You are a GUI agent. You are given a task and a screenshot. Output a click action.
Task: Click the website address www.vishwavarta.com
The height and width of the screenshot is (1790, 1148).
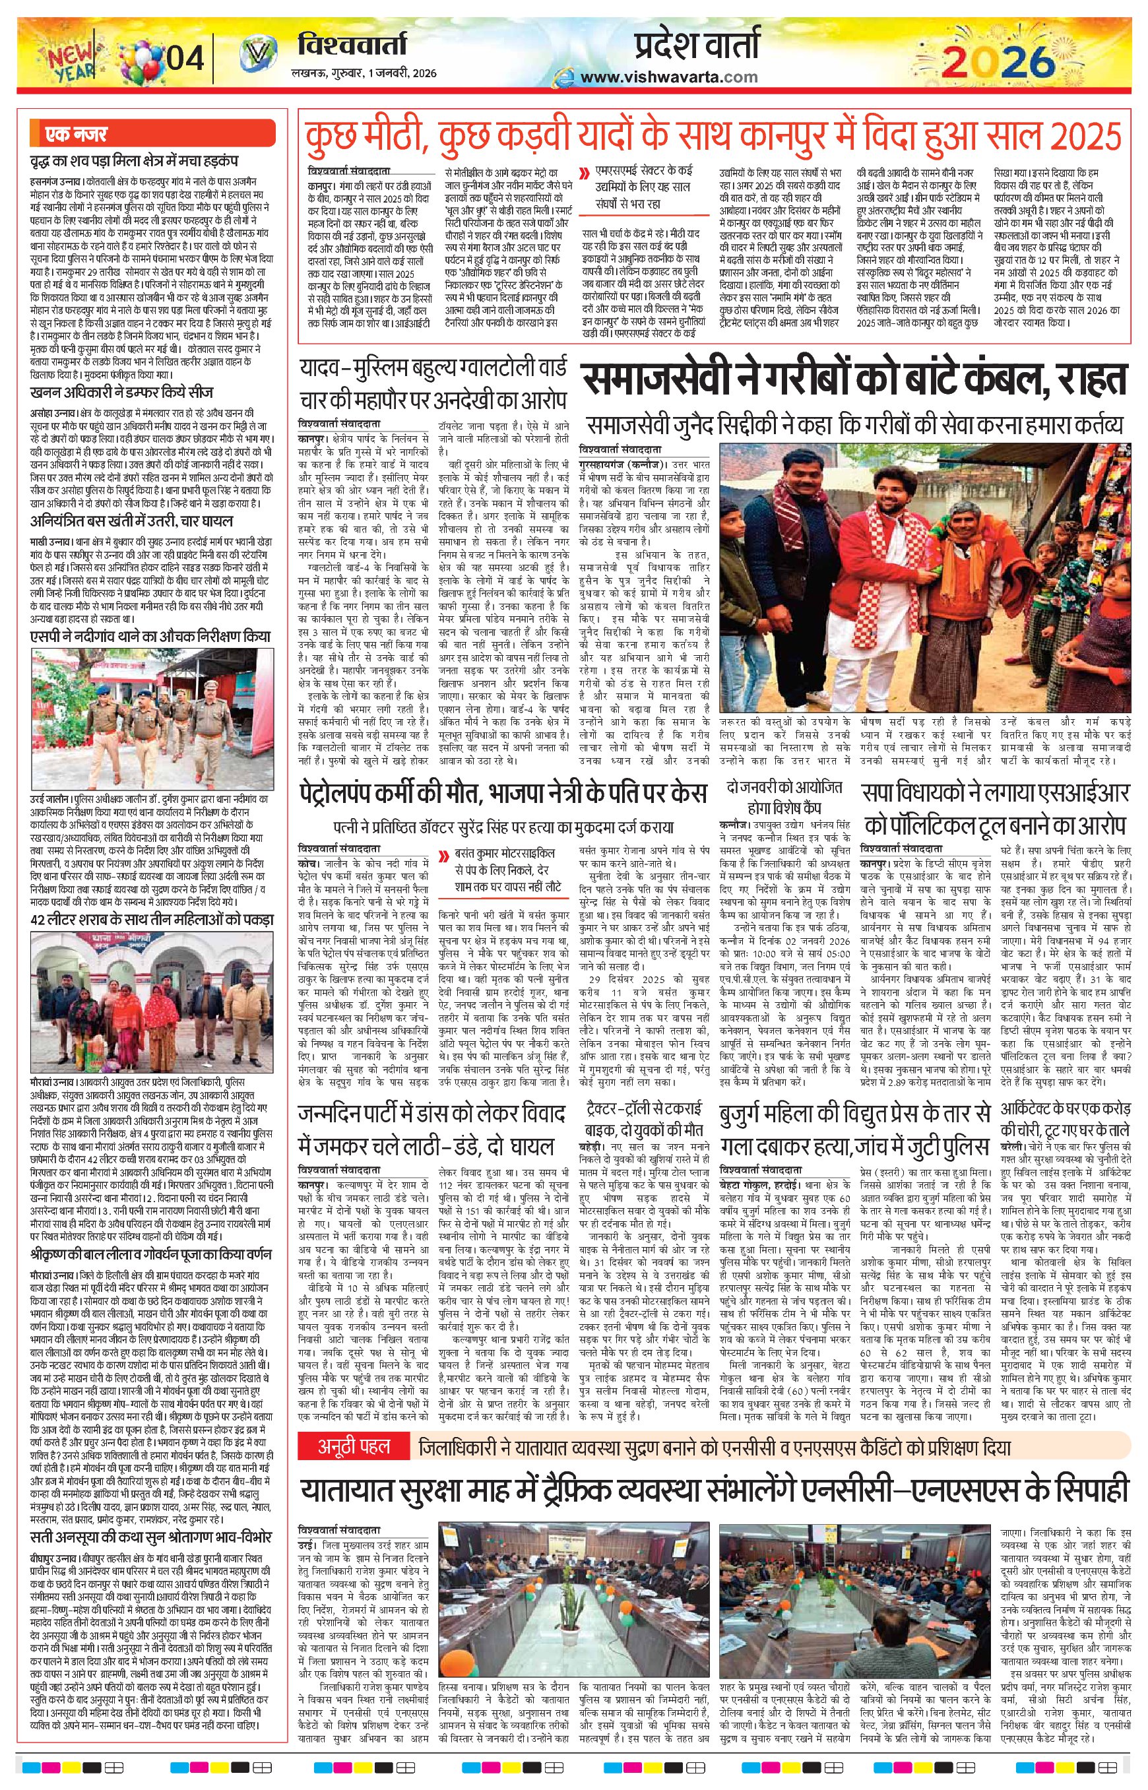point(668,76)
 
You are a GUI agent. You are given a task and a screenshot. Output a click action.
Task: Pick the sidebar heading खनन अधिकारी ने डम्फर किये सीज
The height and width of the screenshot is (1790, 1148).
point(121,391)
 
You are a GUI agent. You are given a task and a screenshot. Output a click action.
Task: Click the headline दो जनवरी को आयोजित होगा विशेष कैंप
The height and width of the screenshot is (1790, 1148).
point(784,797)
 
